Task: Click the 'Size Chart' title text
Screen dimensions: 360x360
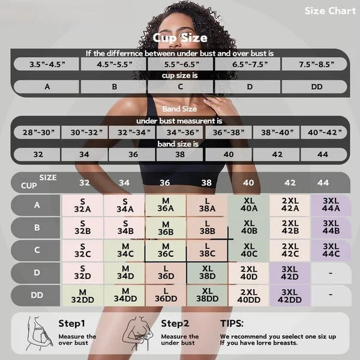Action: (329, 11)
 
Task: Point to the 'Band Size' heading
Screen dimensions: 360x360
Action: (180, 109)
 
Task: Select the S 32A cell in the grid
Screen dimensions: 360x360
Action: (83, 205)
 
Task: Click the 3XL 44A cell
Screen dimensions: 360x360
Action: (331, 205)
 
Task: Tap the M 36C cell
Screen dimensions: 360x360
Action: (165, 250)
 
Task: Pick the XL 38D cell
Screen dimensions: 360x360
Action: (206, 272)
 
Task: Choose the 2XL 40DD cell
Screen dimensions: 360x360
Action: (248, 295)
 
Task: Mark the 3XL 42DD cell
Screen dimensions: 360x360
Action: (289, 295)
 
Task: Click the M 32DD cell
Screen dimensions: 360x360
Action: (83, 295)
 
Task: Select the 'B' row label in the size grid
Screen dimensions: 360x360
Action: (37, 227)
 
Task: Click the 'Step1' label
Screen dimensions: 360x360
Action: (72, 323)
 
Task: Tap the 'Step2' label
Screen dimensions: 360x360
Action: (175, 323)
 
